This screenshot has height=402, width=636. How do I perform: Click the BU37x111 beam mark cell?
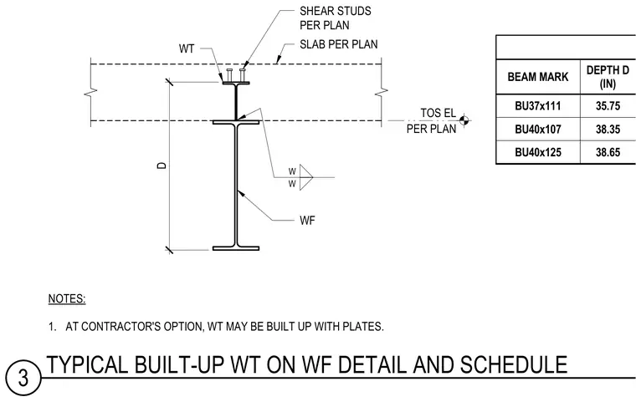click(x=538, y=106)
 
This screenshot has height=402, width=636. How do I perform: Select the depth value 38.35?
click(x=608, y=130)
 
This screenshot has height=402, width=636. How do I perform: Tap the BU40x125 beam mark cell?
click(x=538, y=152)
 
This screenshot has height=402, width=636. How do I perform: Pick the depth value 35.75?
click(x=608, y=106)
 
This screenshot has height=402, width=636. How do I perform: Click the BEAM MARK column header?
click(x=538, y=77)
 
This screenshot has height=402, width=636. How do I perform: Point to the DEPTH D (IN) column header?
click(x=608, y=77)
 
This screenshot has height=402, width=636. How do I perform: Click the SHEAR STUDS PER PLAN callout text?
click(x=336, y=18)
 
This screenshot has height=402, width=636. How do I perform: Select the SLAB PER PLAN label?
click(x=339, y=44)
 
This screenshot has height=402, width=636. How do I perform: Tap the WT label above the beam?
click(x=187, y=48)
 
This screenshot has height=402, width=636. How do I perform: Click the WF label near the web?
click(x=307, y=221)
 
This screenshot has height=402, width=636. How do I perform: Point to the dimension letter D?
click(x=162, y=165)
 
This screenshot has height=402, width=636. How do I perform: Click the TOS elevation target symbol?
click(x=464, y=120)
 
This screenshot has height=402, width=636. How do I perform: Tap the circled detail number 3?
click(x=23, y=377)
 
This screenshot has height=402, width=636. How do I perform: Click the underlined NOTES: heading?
click(x=67, y=299)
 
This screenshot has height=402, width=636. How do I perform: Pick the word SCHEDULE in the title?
click(x=514, y=364)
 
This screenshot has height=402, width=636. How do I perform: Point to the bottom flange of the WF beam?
click(x=236, y=248)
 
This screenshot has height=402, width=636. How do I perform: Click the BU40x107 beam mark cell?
click(x=538, y=130)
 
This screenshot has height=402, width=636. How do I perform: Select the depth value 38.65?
click(x=608, y=152)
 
